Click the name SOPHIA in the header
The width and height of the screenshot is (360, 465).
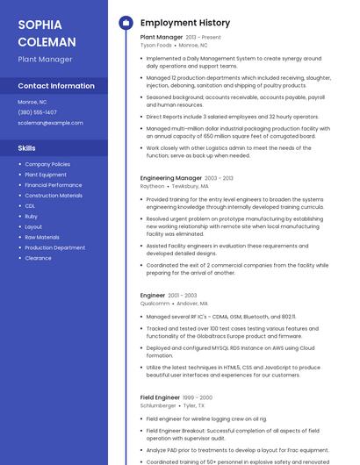click(39, 25)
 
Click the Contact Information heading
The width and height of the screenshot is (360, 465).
click(56, 86)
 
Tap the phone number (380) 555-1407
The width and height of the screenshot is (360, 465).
click(38, 112)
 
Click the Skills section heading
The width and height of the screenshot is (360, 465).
click(27, 148)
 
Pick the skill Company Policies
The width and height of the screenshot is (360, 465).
click(47, 164)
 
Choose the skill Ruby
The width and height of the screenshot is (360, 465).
click(31, 217)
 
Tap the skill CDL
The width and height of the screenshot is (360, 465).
click(31, 206)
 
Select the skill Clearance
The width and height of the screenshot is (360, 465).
click(38, 258)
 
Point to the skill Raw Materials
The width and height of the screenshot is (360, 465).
click(42, 237)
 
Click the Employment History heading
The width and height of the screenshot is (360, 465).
click(185, 23)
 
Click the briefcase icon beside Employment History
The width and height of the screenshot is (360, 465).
click(125, 23)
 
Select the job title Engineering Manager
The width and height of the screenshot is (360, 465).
click(170, 178)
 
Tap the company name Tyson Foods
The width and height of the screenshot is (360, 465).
click(155, 45)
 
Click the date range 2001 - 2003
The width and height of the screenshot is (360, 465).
click(183, 296)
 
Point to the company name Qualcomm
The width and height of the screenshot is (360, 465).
click(155, 304)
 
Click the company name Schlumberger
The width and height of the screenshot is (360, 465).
click(158, 406)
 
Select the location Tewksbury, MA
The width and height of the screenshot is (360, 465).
click(191, 186)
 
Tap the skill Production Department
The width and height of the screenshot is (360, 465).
click(54, 247)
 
